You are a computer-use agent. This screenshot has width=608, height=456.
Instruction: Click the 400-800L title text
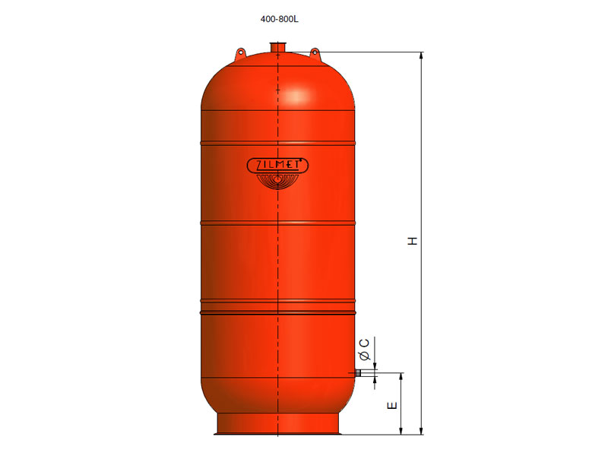click(279, 19)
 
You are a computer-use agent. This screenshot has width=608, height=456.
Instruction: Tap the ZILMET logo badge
click(277, 166)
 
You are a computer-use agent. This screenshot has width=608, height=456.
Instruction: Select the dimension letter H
click(413, 241)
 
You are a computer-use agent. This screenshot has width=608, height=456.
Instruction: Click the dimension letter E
click(392, 406)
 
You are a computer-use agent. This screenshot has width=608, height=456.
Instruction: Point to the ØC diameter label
click(365, 349)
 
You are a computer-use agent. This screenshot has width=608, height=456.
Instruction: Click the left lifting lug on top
click(240, 53)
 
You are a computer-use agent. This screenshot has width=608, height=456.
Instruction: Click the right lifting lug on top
click(315, 53)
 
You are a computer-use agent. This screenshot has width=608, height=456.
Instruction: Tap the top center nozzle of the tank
click(277, 47)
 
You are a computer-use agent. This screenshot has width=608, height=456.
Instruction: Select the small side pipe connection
click(358, 373)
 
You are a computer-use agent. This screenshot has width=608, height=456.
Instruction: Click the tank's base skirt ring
click(277, 424)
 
